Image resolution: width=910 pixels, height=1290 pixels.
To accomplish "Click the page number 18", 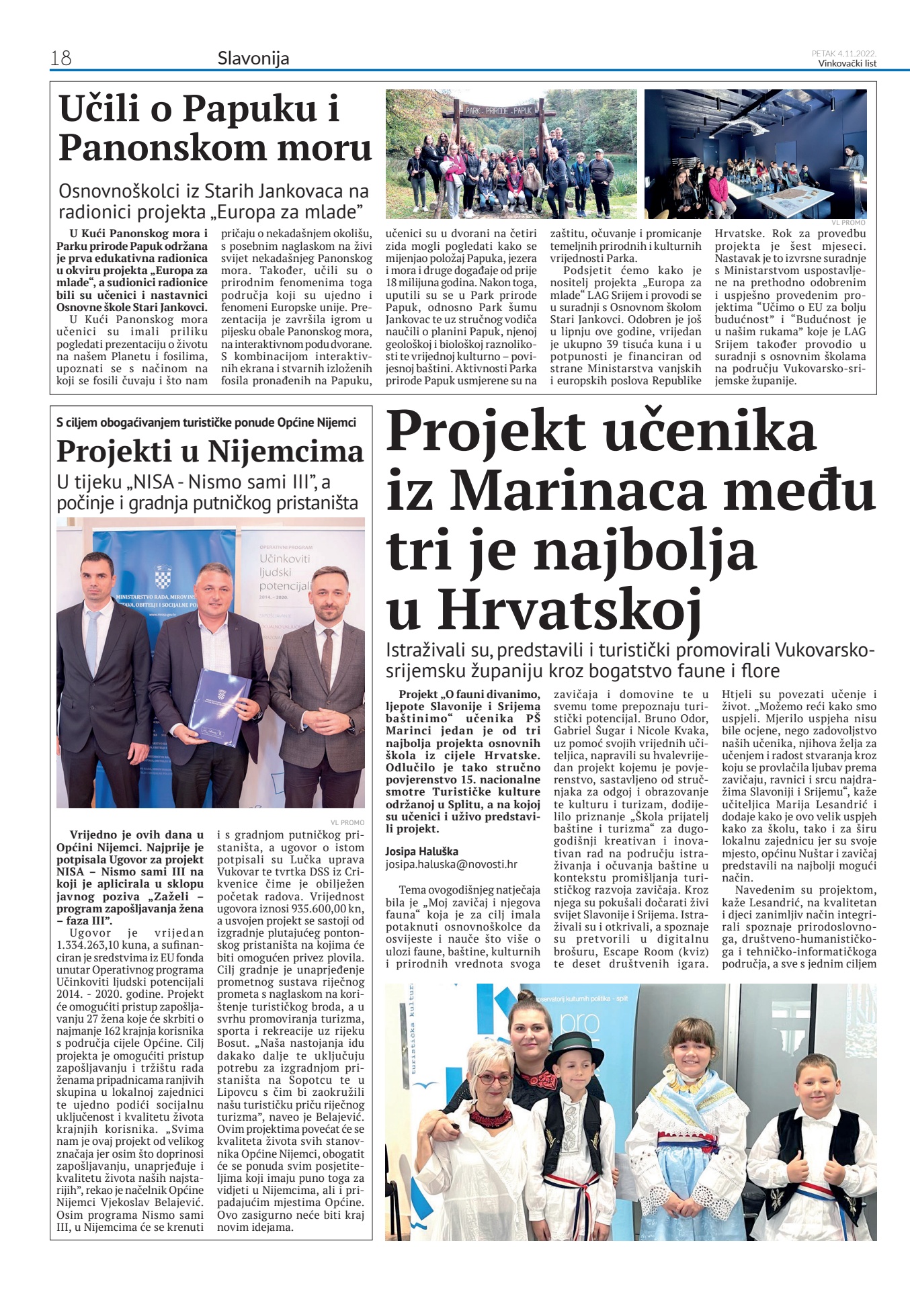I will pos(60,58).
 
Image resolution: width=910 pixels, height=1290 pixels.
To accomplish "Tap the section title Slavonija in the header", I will pos(253,58).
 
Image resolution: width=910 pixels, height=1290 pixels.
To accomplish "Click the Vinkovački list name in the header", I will pos(847,63).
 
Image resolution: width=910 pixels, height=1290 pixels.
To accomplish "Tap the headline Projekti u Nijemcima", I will pos(210,451).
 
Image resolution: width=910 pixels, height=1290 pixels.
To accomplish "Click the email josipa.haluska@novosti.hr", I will pos(452,865).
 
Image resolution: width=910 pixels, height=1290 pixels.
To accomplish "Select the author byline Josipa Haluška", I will pos(421,852).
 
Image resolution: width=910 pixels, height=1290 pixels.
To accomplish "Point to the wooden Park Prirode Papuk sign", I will pos(499,109).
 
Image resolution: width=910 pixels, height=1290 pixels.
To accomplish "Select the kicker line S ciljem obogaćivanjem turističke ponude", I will pos(206,423).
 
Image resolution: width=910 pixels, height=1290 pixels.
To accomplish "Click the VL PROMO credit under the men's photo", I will pos(347,822).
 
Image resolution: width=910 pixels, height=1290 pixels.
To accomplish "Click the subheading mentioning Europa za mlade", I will pos(214,202).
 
